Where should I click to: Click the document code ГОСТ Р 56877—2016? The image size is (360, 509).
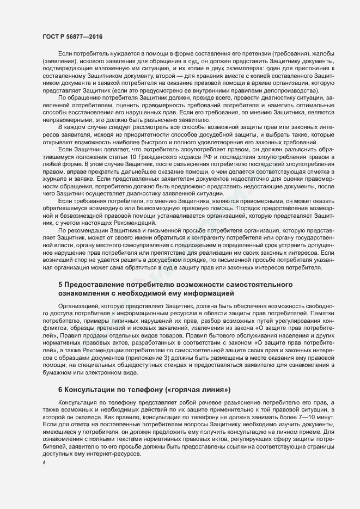(72, 36)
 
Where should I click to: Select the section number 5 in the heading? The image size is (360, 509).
(60, 285)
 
